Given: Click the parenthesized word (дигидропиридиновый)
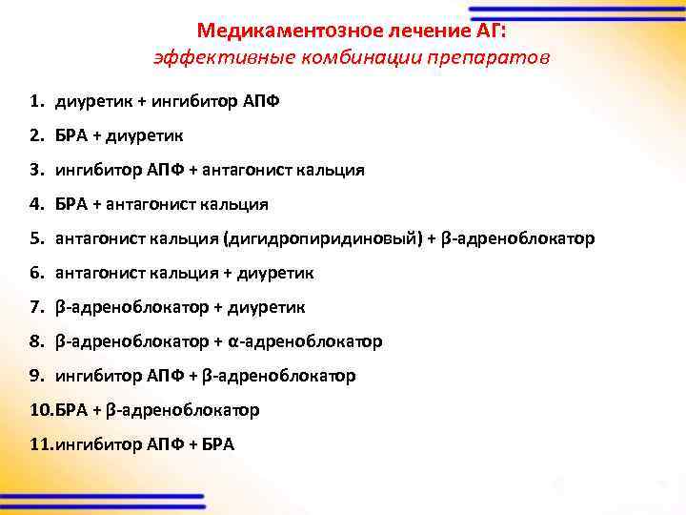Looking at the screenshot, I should (x=321, y=238).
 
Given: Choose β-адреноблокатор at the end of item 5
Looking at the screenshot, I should (x=519, y=238).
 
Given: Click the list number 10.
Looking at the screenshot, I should (x=42, y=410).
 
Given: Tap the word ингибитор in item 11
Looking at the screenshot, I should (x=97, y=444).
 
